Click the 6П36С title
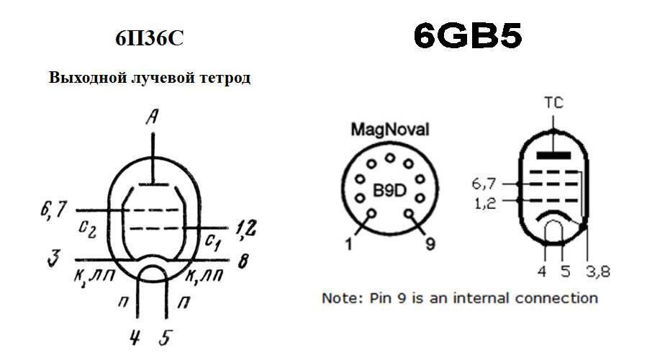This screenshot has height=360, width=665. click(150, 38)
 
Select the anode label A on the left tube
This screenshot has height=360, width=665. click(152, 117)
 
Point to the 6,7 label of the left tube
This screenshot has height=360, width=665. click(53, 210)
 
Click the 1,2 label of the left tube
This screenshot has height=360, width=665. click(247, 228)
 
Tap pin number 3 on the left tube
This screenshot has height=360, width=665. click(53, 258)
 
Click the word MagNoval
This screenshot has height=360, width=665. click(389, 130)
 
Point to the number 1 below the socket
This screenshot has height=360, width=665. click(348, 246)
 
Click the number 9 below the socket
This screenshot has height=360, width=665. click(430, 245)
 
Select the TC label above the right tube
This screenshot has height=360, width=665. click(553, 103)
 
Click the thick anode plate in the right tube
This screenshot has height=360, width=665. click(553, 154)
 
